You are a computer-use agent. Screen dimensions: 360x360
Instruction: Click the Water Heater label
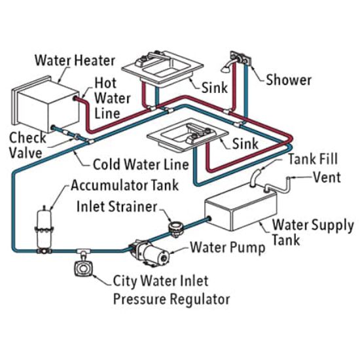75,60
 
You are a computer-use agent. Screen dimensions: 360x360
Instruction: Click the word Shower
289,80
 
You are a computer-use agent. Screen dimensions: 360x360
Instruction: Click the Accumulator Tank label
124,185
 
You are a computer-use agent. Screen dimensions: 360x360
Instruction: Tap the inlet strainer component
176,228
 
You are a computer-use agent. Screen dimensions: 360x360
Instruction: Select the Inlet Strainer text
117,206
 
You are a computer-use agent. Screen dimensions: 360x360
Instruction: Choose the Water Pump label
228,248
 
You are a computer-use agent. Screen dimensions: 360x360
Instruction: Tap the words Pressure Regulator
171,299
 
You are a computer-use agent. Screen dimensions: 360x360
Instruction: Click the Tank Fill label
313,159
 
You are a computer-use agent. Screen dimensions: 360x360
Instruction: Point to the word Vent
327,177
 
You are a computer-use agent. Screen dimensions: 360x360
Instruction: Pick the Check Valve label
27,145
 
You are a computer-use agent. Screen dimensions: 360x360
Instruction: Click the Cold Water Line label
141,164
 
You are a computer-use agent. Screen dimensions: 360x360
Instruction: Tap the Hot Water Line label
113,98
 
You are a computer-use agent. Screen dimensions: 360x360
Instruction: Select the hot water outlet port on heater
75,99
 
